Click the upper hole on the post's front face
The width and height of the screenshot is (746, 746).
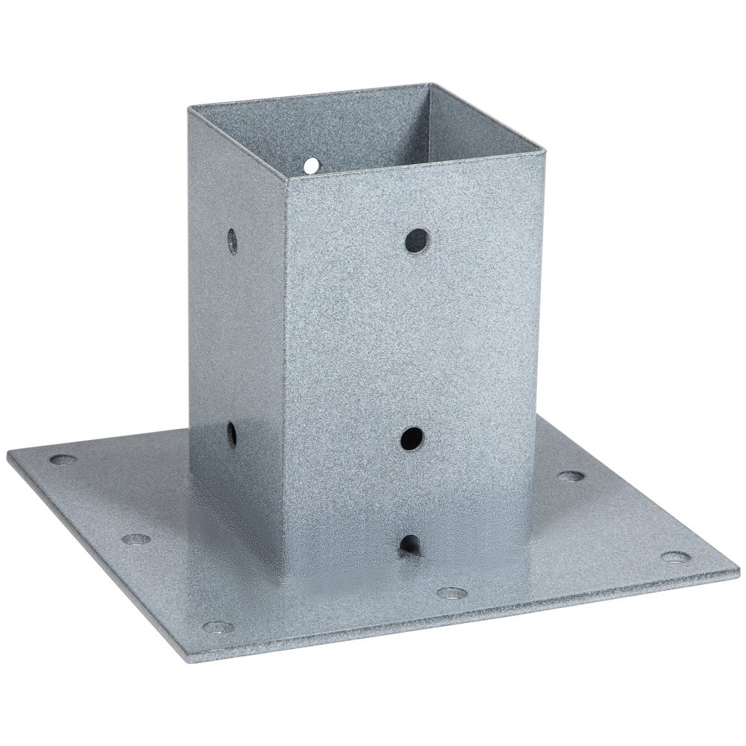point(417,239)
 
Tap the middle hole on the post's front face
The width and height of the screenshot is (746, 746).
point(412,438)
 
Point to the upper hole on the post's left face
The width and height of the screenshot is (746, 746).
point(233,240)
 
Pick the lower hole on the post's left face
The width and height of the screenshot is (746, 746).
point(231,433)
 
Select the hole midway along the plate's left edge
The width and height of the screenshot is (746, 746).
point(136,539)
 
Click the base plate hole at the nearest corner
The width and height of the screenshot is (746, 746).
point(216,627)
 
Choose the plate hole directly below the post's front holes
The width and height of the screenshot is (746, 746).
point(451,593)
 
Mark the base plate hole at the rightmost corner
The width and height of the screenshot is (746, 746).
point(676,557)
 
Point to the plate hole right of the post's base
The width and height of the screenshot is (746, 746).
point(571,476)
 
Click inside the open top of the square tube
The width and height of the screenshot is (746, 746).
point(351,127)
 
